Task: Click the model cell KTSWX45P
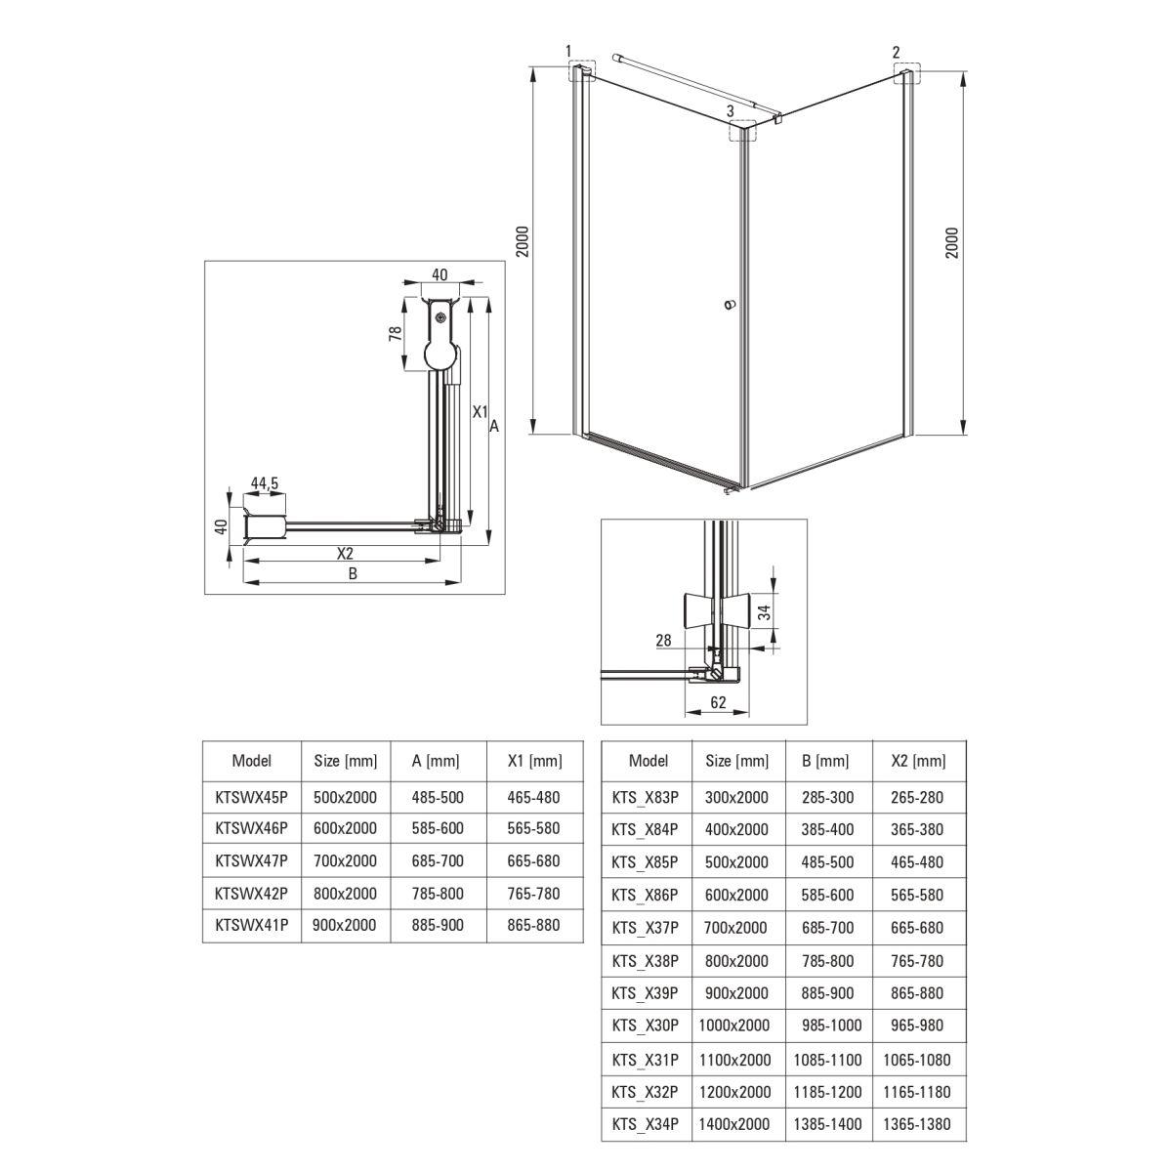[251, 797]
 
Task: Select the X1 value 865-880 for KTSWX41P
[533, 925]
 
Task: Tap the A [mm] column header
[436, 761]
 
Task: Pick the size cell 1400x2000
[734, 1124]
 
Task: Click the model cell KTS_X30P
[645, 1025]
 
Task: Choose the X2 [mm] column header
[918, 761]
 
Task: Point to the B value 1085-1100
[828, 1060]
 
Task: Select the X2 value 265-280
[917, 797]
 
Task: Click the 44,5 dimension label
[265, 482]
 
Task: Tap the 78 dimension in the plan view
[396, 333]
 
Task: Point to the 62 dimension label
[718, 702]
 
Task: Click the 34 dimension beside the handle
[765, 611]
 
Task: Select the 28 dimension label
[663, 640]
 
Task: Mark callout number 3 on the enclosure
[731, 111]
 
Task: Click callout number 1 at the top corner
[568, 51]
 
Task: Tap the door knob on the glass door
[731, 304]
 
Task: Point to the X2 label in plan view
[345, 553]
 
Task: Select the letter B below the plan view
[353, 573]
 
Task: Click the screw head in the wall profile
[440, 315]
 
